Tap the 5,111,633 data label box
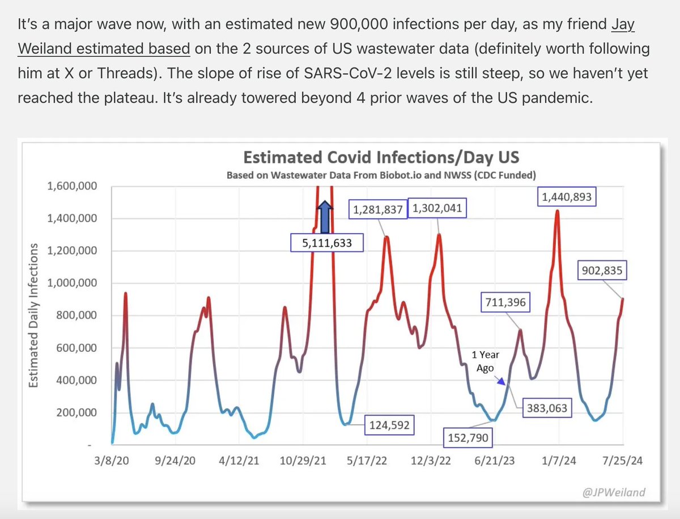tap(326, 243)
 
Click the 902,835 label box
tap(602, 271)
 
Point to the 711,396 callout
tap(504, 303)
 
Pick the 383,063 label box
tap(546, 408)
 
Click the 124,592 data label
tap(389, 424)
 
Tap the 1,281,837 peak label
tap(377, 210)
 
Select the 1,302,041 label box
tap(437, 209)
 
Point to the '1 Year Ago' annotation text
tap(486, 361)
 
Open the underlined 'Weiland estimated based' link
tap(104, 48)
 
